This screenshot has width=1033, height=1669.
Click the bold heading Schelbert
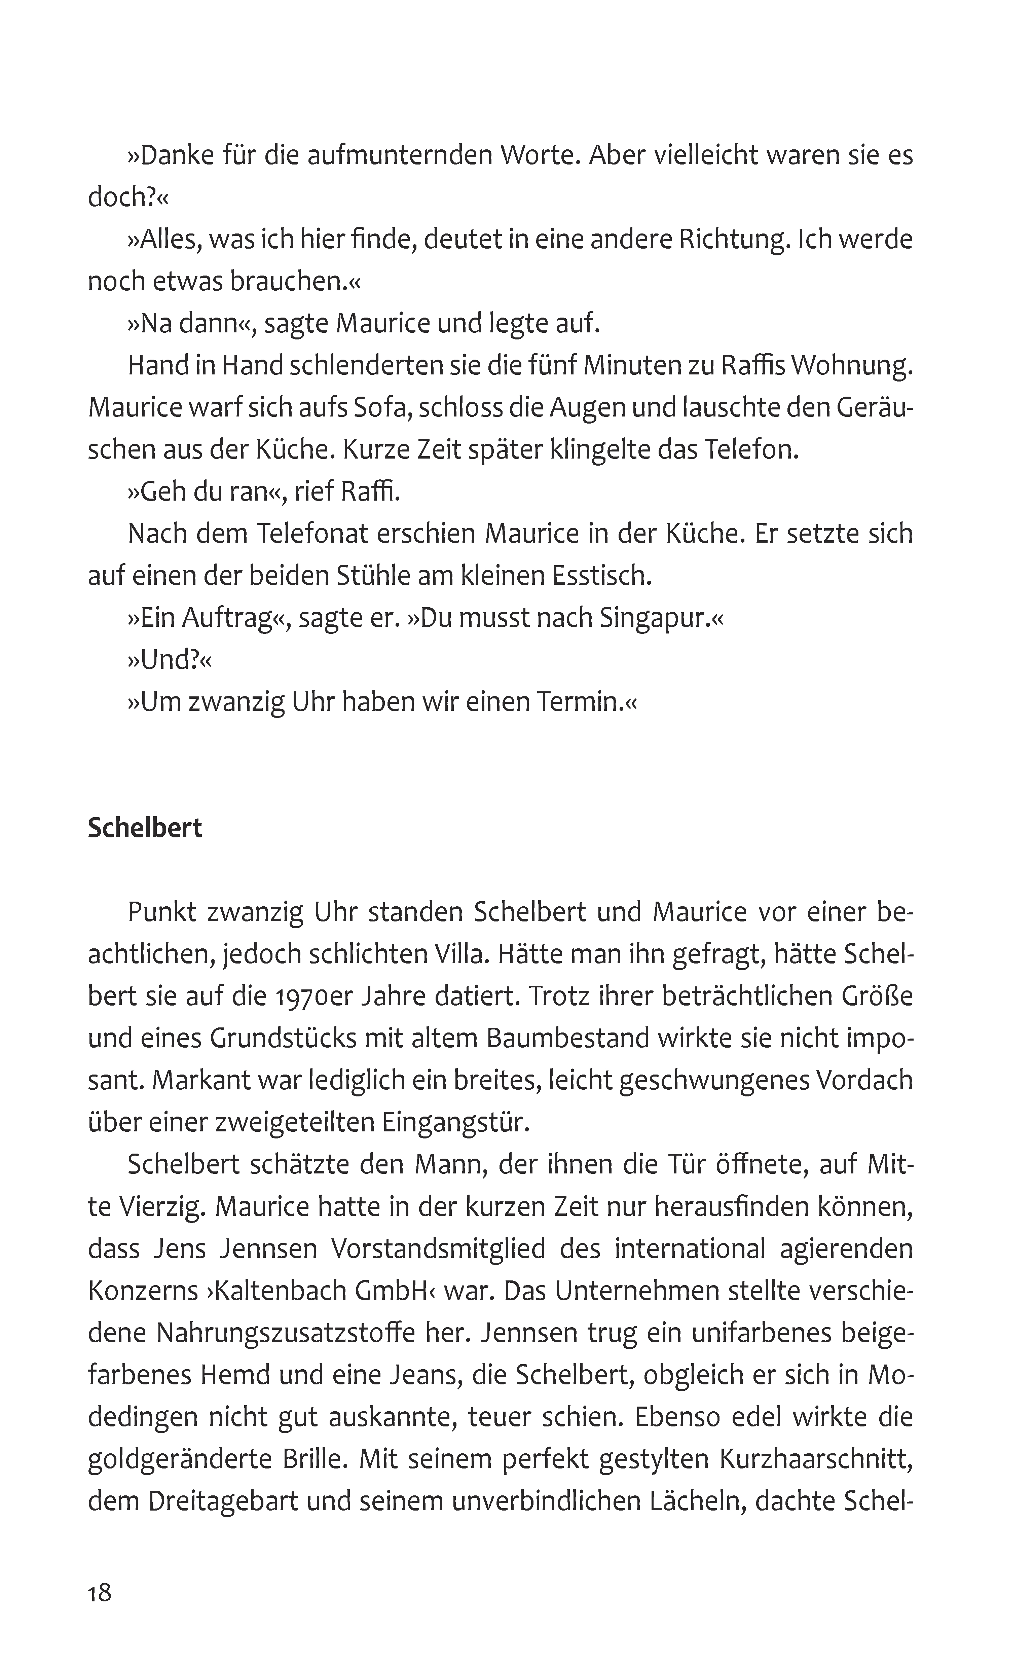pyautogui.click(x=145, y=828)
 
